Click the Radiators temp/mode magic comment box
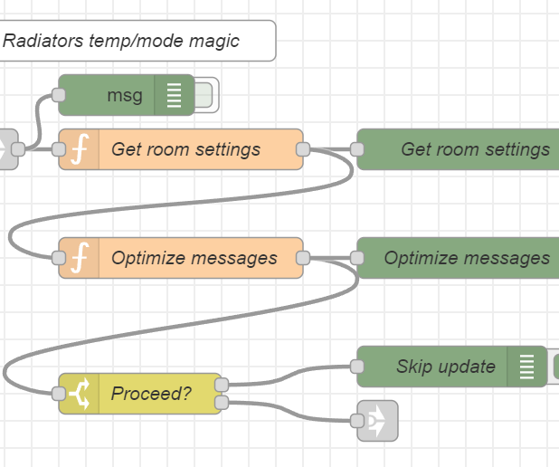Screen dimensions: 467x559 click(136, 41)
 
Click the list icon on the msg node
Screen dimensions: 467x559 click(174, 95)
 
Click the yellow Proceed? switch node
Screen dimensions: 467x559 click(150, 394)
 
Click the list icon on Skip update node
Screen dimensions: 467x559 click(527, 367)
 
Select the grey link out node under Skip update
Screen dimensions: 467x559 click(377, 421)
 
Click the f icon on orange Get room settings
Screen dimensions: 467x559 click(79, 149)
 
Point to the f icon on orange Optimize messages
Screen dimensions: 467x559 click(79, 258)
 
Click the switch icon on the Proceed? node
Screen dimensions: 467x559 click(79, 394)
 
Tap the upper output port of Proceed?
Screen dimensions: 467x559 click(222, 385)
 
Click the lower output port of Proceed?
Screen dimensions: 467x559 click(222, 403)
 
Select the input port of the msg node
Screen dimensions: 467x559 click(59, 95)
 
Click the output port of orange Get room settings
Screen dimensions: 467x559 click(303, 149)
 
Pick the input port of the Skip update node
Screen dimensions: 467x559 click(357, 367)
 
